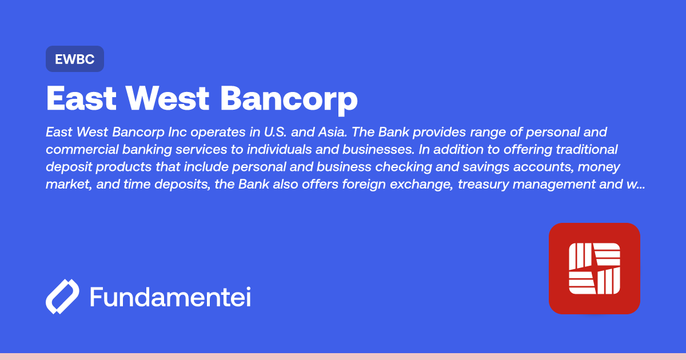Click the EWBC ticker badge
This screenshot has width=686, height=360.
(x=74, y=59)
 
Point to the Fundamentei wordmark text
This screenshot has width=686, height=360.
(x=170, y=297)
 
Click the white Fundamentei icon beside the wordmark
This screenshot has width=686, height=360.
(x=62, y=297)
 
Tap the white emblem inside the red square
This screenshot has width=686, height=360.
(x=594, y=268)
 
